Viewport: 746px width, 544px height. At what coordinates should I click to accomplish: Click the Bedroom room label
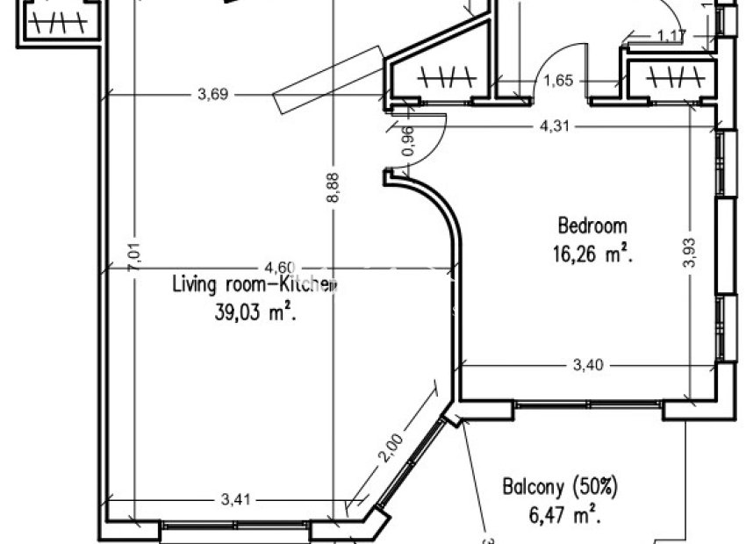click(x=593, y=225)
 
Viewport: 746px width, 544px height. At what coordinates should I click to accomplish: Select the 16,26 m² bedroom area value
click(x=593, y=254)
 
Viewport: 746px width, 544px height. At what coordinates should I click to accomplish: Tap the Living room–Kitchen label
click(x=254, y=284)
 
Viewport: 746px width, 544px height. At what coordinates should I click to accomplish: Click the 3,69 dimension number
click(x=213, y=96)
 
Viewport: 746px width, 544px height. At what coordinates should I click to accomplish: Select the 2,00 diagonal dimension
click(x=391, y=450)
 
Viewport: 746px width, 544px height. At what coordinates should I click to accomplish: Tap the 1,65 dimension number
click(x=559, y=82)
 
